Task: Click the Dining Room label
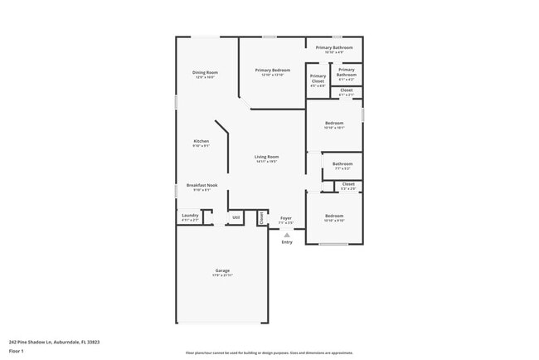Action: tap(205, 73)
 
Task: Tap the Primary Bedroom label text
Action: tap(272, 71)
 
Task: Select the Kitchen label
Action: tap(201, 141)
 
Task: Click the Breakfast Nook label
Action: tap(202, 185)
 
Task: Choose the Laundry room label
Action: tap(190, 215)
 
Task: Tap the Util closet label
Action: tap(236, 217)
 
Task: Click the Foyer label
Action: tap(285, 217)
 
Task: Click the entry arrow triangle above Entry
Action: tap(287, 235)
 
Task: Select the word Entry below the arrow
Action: tap(287, 242)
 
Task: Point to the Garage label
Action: tap(222, 270)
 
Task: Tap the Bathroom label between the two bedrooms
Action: tap(342, 163)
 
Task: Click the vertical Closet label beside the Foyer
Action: tap(262, 217)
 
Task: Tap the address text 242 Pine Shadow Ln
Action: tap(48, 340)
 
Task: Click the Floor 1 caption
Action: tap(17, 351)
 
